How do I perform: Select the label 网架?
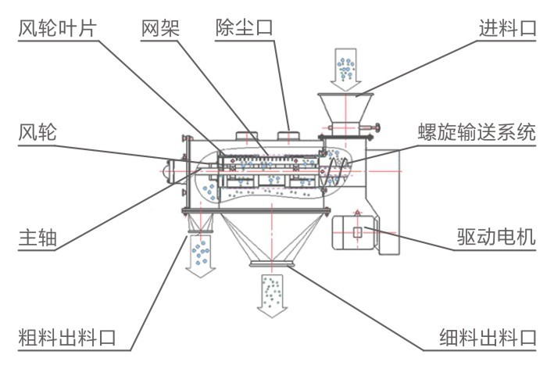(160, 29)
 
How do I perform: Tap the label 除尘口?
(244, 29)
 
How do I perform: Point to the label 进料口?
(507, 29)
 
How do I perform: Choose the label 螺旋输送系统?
(476, 132)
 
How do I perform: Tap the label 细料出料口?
(487, 338)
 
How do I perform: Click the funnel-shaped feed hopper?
(344, 106)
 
